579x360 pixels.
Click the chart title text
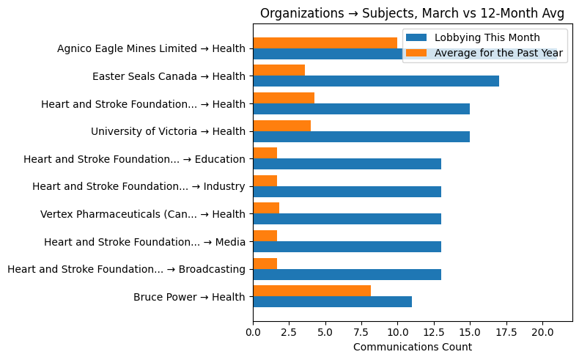pyautogui.click(x=412, y=13)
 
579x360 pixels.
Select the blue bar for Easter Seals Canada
pyautogui.click(x=376, y=81)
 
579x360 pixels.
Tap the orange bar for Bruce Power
pyautogui.click(x=311, y=290)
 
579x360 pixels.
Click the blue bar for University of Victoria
pyautogui.click(x=361, y=136)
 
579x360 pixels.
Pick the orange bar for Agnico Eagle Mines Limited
pyautogui.click(x=325, y=43)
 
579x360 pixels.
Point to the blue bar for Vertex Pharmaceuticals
pyautogui.click(x=347, y=219)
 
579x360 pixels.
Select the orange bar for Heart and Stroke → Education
pyautogui.click(x=265, y=153)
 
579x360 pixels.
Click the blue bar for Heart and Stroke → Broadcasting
pyautogui.click(x=347, y=274)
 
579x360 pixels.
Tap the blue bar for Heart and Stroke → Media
pyautogui.click(x=347, y=246)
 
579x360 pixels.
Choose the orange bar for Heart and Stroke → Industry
pyautogui.click(x=265, y=180)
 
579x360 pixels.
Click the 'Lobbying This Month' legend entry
pyautogui.click(x=487, y=37)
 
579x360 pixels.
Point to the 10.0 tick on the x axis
pyautogui.click(x=397, y=332)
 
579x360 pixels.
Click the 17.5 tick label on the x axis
pyautogui.click(x=506, y=332)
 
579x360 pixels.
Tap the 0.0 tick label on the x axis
pyautogui.click(x=253, y=332)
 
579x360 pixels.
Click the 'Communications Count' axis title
pyautogui.click(x=412, y=347)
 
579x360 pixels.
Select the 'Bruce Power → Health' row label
pyautogui.click(x=189, y=297)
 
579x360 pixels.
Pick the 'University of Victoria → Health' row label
pyautogui.click(x=168, y=131)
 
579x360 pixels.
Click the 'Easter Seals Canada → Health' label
pyautogui.click(x=169, y=76)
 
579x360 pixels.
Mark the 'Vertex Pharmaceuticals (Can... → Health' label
pyautogui.click(x=142, y=214)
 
